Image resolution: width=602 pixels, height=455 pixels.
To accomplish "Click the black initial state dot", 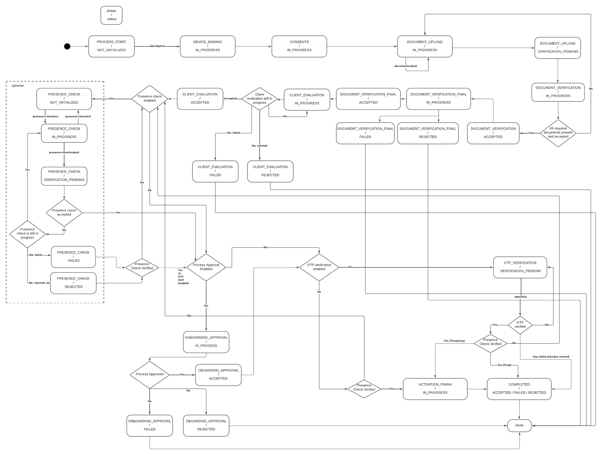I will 67,46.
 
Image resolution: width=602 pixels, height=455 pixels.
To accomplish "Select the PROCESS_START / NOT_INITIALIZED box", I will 111,46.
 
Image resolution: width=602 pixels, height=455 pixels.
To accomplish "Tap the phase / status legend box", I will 111,15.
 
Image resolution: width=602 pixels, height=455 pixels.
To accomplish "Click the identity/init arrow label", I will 157,46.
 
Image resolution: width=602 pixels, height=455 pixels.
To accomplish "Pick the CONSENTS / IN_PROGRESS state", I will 299,46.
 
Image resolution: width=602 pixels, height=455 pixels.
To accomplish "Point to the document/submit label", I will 406,66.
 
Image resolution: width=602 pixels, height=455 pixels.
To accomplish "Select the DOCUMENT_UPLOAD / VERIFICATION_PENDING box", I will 557,48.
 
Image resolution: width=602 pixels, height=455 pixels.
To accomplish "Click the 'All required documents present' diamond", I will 558,133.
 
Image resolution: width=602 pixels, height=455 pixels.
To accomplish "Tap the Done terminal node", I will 519,425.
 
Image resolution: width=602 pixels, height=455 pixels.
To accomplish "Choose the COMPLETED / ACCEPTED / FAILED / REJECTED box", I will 519,389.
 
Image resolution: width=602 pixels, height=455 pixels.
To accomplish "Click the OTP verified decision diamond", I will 520,325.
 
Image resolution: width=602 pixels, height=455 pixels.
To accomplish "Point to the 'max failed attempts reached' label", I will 551,357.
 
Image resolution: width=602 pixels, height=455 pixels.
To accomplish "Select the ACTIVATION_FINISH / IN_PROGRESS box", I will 435,389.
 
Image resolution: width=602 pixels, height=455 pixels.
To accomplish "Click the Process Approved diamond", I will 150,374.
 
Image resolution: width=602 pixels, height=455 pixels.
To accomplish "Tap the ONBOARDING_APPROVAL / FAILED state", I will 150,425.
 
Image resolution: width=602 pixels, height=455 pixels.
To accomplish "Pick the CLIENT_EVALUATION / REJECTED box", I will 270,171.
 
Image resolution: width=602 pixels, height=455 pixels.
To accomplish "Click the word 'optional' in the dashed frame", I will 17,86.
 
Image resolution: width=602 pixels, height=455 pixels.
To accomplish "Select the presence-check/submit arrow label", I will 64,152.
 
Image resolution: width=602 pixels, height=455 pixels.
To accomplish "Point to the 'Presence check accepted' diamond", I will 64,213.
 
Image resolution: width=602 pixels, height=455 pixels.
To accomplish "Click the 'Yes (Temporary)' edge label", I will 454,341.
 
